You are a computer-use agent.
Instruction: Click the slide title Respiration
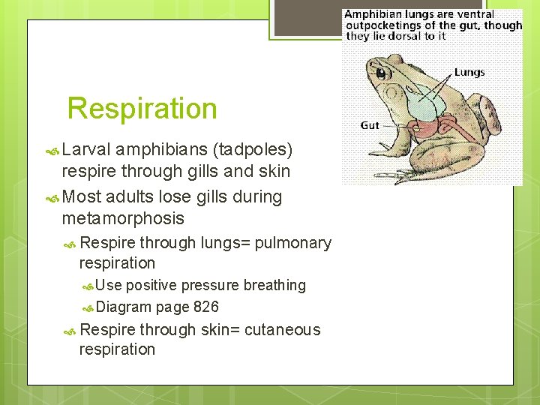pos(142,109)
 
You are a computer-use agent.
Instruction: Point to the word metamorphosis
pos(122,218)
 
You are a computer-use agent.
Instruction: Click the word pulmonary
pos(292,243)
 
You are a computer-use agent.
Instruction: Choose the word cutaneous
pos(282,330)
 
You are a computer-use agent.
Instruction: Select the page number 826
pos(205,307)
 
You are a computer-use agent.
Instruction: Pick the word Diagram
pos(124,307)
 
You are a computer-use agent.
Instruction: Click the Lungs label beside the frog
pos(469,73)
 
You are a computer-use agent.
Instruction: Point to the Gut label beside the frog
pos(370,125)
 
